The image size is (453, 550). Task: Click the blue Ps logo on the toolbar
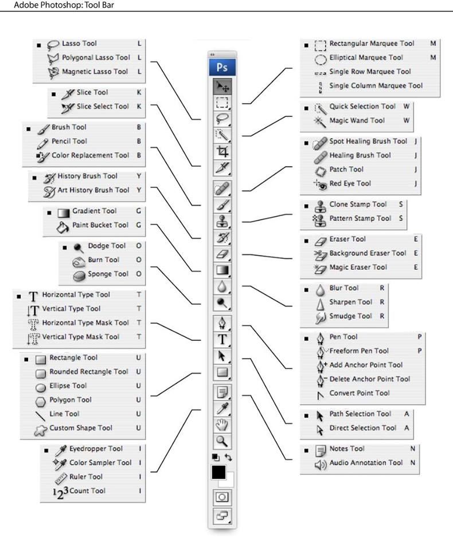[222, 67]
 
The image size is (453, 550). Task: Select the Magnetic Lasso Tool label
[95, 72]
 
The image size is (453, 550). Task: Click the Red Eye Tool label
[350, 183]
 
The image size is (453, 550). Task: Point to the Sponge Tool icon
[79, 274]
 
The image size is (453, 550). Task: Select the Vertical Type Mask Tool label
[80, 337]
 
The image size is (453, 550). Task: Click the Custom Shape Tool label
[81, 428]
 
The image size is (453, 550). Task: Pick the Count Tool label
[87, 491]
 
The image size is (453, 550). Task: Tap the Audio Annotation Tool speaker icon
[321, 463]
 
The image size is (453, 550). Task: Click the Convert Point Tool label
[360, 393]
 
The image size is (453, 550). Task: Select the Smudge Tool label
[351, 316]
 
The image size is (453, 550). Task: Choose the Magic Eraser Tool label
[358, 267]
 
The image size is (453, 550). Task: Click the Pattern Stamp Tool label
[360, 218]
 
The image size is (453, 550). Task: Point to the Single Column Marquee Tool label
[376, 85]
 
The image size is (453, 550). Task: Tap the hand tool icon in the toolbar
[222, 425]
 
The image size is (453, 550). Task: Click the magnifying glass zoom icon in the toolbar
[222, 441]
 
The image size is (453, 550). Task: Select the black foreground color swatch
[218, 472]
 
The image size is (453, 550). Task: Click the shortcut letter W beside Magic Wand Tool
[406, 120]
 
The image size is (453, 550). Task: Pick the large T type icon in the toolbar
[222, 340]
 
